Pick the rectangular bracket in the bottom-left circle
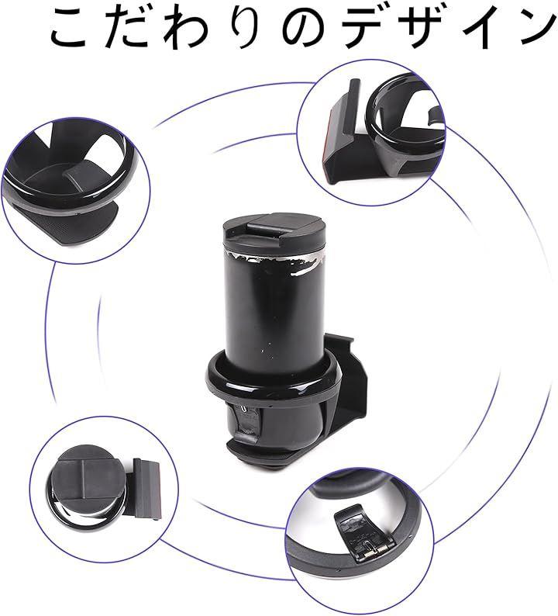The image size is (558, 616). click(145, 489)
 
